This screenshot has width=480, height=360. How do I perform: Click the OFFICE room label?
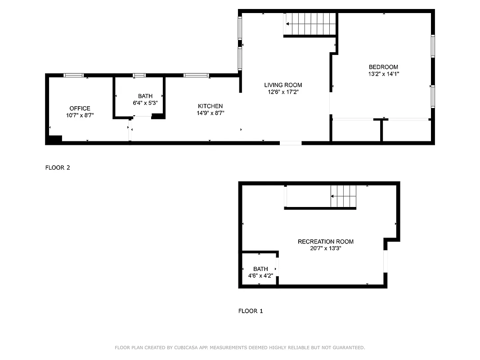(80, 108)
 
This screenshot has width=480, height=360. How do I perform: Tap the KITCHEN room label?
(211, 106)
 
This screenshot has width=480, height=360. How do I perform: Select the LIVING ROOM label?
(283, 85)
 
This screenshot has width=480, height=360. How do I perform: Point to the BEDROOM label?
(383, 67)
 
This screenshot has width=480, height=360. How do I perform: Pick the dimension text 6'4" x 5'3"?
(145, 103)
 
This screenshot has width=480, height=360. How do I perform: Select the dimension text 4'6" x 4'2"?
(260, 276)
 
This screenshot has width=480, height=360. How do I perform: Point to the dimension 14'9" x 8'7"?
(211, 113)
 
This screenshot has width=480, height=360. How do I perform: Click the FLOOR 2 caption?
(58, 168)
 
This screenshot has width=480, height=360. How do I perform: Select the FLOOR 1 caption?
(251, 311)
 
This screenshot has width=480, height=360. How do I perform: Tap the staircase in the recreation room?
(343, 196)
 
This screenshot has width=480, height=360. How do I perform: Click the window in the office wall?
(73, 75)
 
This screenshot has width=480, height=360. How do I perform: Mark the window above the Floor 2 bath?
(139, 75)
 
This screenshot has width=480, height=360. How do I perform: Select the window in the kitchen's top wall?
(196, 75)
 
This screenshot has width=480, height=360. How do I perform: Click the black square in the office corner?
(54, 139)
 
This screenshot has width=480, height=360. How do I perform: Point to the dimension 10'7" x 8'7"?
(80, 115)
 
